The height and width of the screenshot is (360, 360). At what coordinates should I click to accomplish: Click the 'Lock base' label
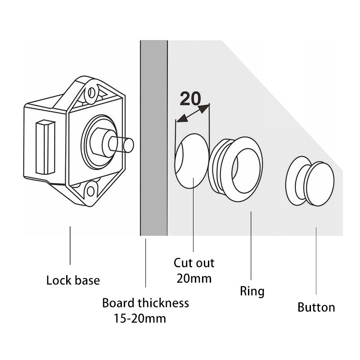coord(73,281)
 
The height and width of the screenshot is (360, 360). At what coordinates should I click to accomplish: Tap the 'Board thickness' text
coord(145,303)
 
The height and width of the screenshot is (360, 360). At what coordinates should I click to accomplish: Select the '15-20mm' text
coord(139,319)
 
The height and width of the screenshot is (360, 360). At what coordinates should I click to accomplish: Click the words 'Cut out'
coord(194,263)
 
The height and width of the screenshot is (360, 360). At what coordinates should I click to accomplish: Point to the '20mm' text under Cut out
coord(194,279)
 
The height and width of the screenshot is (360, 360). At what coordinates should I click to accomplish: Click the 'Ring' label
coord(252,291)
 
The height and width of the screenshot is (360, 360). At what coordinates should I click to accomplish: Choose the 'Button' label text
coord(316,308)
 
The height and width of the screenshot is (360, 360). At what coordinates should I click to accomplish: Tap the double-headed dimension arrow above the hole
coord(193,113)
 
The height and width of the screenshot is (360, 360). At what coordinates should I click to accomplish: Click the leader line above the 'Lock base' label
coord(70,246)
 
